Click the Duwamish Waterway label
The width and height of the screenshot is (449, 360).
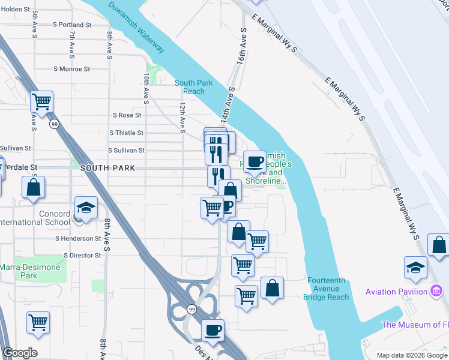click(x=137, y=28)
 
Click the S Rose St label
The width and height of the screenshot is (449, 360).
click(x=127, y=115)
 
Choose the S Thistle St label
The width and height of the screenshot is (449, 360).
click(x=126, y=133)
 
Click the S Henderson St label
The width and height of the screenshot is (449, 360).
click(x=78, y=238)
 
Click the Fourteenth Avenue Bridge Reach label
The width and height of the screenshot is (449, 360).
click(x=327, y=289)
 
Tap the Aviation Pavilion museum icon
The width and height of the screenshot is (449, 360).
click(x=436, y=292)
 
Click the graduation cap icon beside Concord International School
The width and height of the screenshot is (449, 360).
click(x=86, y=208)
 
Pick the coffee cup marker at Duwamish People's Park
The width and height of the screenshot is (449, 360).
click(x=255, y=161)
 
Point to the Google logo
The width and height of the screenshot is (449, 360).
click(x=20, y=353)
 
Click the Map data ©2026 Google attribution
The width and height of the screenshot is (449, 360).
click(x=412, y=355)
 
